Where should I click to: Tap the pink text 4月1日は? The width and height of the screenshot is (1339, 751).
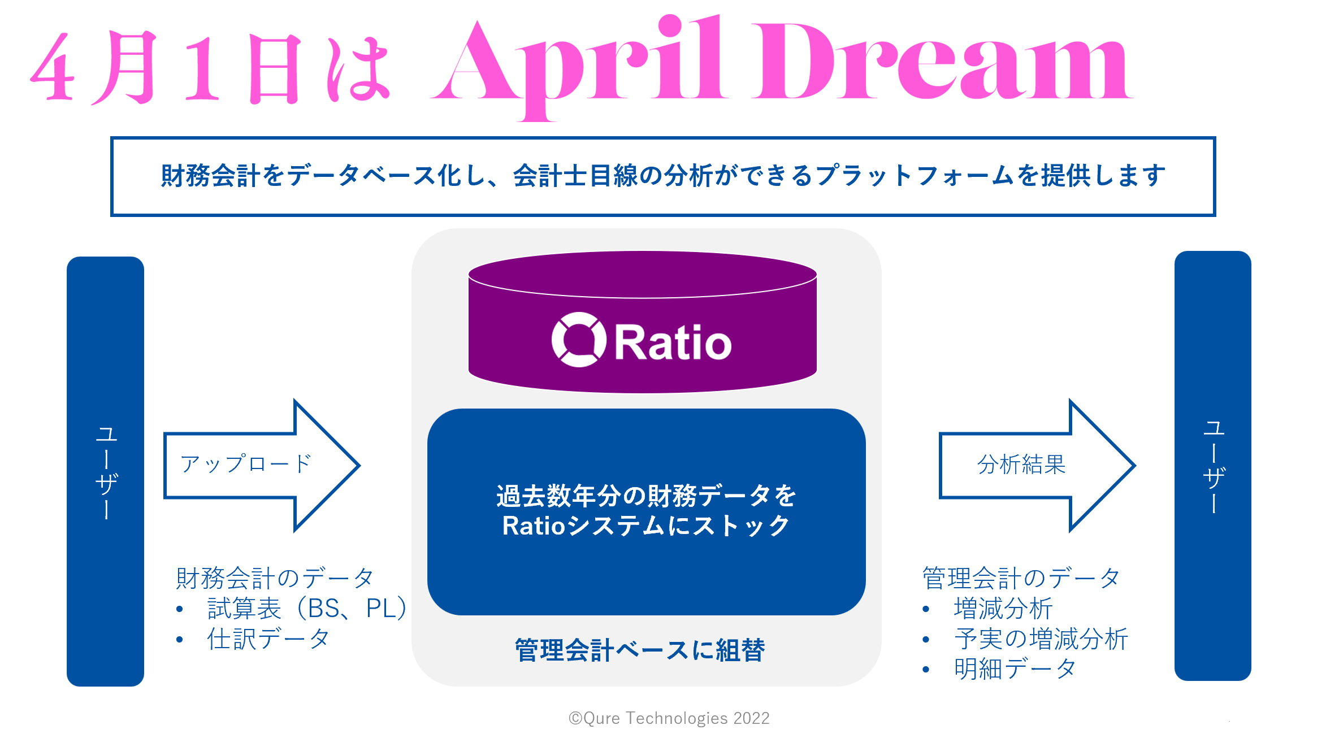tap(210, 68)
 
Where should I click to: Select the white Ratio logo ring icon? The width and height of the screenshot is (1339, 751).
tap(579, 340)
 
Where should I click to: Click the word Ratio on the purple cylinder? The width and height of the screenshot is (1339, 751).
tap(673, 342)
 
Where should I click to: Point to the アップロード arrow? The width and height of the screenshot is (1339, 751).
tap(262, 465)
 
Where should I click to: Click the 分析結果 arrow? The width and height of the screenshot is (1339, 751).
tap(1037, 465)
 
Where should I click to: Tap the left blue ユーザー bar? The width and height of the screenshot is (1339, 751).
tap(106, 471)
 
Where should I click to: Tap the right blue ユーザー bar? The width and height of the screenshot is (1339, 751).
tap(1213, 466)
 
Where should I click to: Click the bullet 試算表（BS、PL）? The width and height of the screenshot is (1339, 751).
tap(307, 609)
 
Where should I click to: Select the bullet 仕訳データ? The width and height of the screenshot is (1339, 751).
tap(268, 639)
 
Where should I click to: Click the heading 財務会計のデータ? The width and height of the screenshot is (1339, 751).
tap(275, 578)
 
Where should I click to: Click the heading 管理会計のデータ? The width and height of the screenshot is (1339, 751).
tap(1021, 578)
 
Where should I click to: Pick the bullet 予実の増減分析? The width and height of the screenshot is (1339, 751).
tap(1041, 639)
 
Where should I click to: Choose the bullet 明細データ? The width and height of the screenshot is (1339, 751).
tap(1015, 670)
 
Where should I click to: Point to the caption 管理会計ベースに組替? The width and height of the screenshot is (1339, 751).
tap(640, 650)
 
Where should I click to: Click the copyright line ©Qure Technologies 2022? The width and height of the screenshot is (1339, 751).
tap(669, 718)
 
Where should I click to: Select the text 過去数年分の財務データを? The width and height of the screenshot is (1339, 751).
tap(646, 496)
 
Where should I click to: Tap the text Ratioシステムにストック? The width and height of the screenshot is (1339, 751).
tap(646, 526)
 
